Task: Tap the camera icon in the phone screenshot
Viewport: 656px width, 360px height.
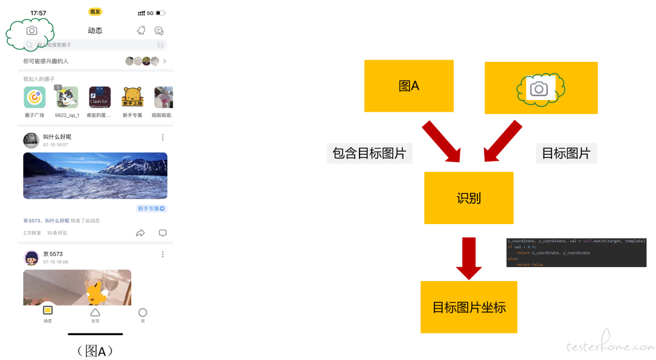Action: point(32,30)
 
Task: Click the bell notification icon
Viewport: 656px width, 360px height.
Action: point(141,30)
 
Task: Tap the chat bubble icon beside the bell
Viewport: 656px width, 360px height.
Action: point(159,30)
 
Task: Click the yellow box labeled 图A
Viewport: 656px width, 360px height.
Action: point(409,86)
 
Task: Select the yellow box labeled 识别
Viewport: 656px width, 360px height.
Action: point(468,198)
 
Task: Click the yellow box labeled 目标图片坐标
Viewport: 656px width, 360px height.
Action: point(468,307)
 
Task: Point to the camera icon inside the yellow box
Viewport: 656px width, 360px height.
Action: point(539,89)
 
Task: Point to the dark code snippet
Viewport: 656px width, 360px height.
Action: point(576,252)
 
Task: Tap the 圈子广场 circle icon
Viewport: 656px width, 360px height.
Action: point(35,97)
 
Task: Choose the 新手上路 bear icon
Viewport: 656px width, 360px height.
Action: point(132,97)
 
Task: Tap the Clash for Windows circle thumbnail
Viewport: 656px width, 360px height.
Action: point(100,97)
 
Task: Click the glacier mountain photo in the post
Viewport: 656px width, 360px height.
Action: point(95,175)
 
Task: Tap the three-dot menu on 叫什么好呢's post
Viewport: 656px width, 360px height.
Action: point(162,137)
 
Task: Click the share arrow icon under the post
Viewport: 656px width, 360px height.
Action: point(140,233)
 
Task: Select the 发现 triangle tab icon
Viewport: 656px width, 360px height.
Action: point(95,312)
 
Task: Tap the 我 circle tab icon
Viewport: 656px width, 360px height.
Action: point(143,312)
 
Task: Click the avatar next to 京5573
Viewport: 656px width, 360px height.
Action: point(31,257)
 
